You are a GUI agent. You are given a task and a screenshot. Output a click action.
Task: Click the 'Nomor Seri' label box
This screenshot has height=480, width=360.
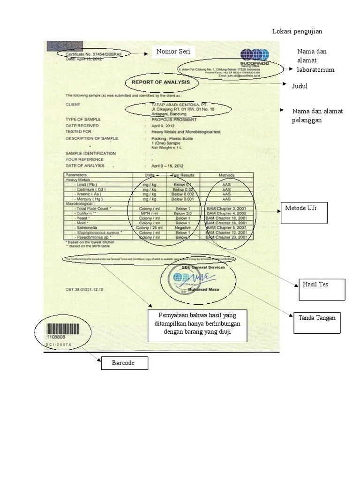tap(173, 52)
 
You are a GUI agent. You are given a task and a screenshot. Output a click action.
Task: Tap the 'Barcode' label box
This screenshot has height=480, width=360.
tap(124, 363)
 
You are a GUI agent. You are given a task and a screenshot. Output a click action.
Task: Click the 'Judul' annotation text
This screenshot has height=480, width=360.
tap(300, 86)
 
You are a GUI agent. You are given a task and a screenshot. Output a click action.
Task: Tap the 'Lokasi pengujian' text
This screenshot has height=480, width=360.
tap(298, 31)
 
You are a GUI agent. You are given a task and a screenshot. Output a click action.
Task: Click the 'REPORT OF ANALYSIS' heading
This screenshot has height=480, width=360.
tap(160, 82)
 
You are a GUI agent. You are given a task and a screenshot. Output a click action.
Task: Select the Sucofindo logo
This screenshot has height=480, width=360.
tap(254, 55)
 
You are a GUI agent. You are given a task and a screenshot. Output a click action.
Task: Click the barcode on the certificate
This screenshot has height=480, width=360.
tap(59, 327)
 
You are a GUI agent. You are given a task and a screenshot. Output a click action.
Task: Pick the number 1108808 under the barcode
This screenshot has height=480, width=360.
tap(56, 337)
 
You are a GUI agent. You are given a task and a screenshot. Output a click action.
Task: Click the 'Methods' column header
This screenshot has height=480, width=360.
tap(227, 175)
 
